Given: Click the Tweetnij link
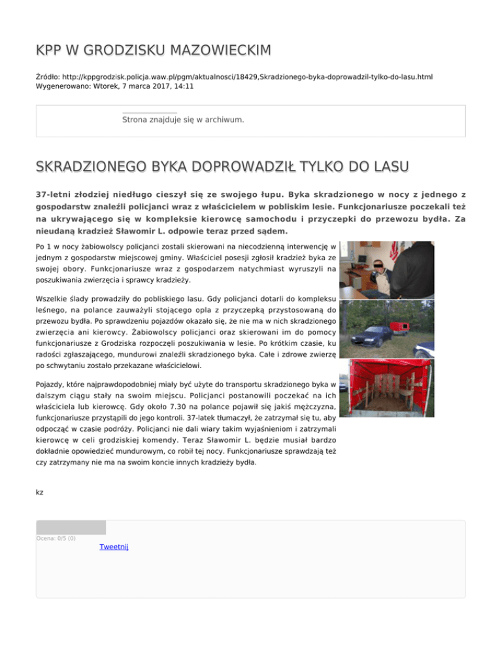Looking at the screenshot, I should point(114,547).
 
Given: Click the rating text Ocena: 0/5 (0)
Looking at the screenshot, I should point(56,538).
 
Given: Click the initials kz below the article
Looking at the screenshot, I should point(39,491).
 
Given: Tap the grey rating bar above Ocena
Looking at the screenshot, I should point(71,527).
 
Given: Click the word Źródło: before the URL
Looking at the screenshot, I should point(49,77).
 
